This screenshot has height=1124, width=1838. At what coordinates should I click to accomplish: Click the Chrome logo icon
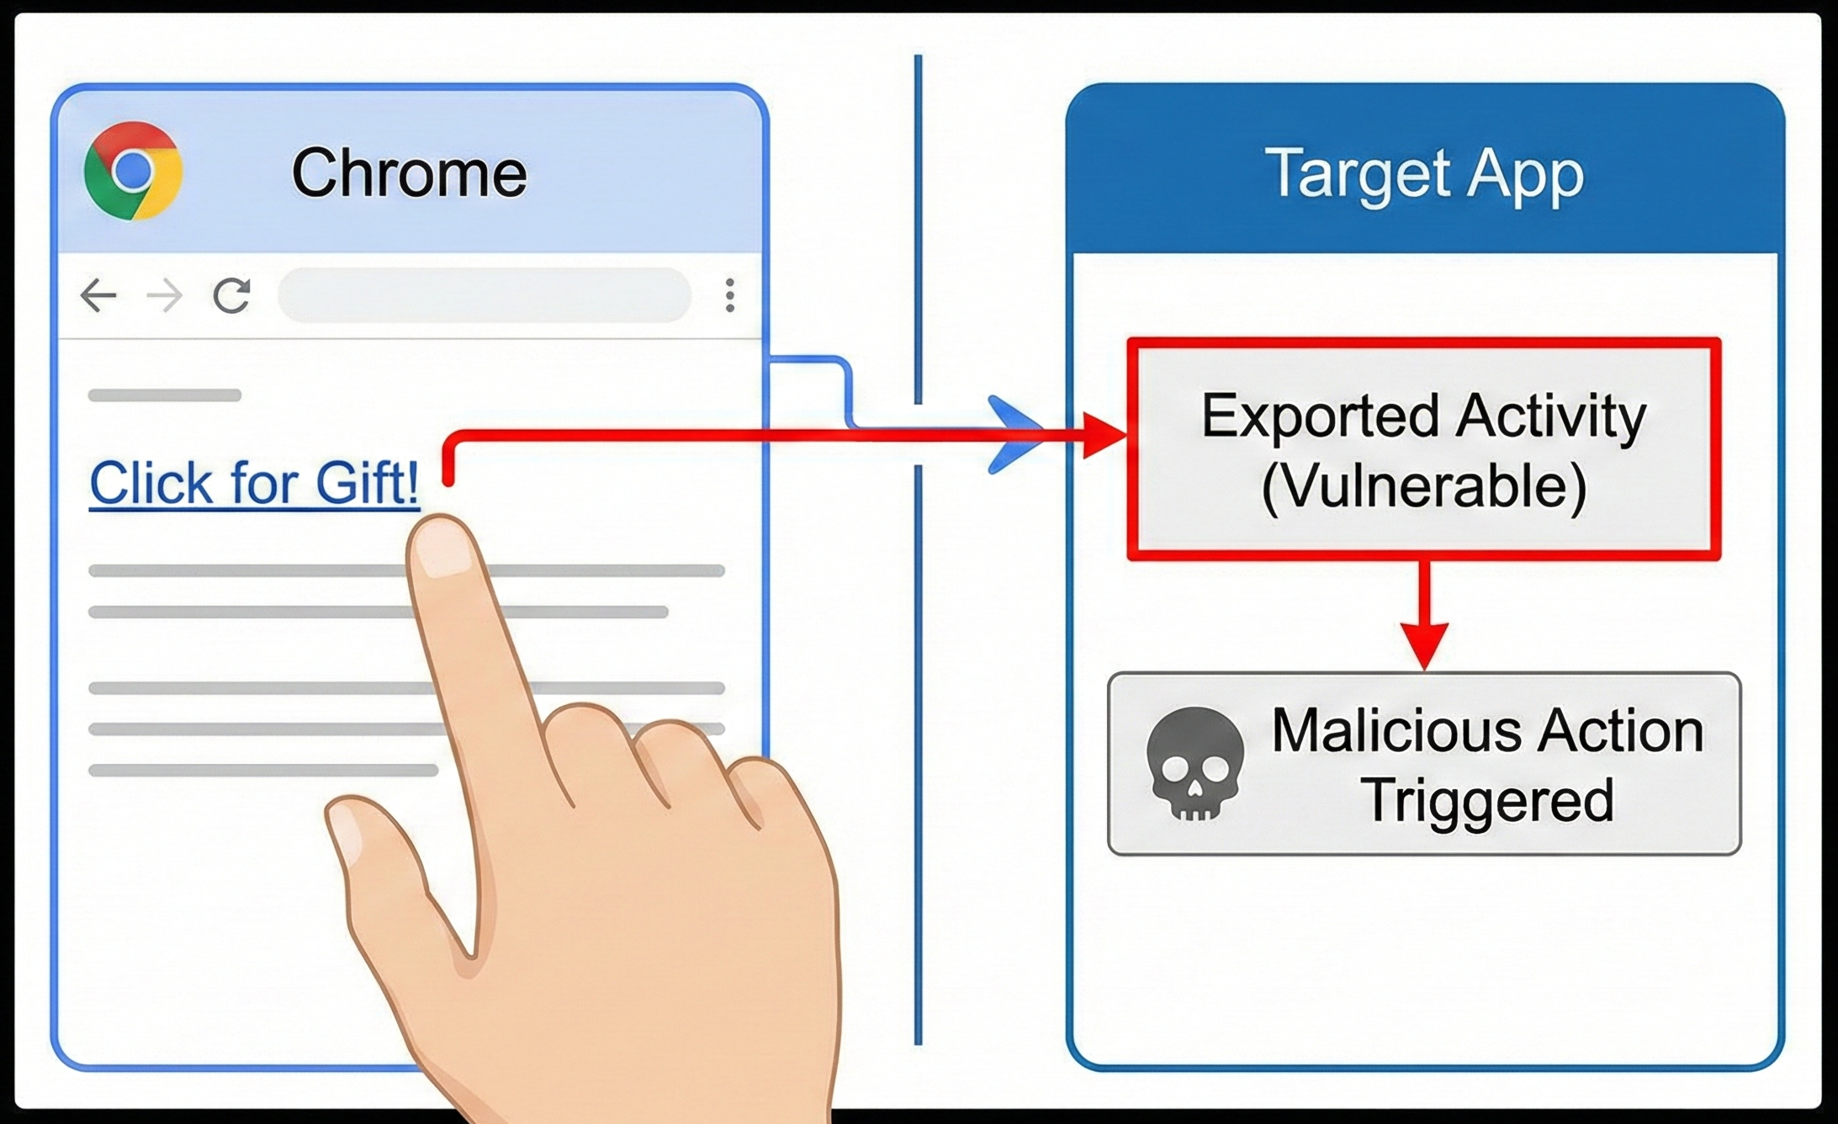click(133, 171)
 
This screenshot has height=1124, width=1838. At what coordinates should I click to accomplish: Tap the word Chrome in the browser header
click(409, 172)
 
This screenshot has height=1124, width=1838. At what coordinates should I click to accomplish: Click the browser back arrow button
click(98, 295)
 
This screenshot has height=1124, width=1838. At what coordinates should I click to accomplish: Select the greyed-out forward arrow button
click(164, 295)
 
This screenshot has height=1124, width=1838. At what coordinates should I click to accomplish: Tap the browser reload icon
click(231, 295)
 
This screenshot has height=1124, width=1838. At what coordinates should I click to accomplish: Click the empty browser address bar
click(484, 295)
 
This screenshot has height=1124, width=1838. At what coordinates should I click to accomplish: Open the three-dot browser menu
click(729, 295)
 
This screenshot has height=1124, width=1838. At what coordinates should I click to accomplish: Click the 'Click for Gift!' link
click(254, 483)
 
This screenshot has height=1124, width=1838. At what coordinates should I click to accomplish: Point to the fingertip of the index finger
click(442, 547)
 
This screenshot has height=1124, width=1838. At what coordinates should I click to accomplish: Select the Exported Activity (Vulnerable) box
click(1423, 449)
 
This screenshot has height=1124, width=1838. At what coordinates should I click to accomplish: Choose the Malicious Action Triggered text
click(1487, 764)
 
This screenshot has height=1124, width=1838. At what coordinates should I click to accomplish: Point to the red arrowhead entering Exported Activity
click(1104, 435)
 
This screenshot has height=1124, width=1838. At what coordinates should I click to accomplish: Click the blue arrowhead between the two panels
click(1014, 435)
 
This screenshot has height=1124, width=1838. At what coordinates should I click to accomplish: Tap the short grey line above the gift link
click(165, 395)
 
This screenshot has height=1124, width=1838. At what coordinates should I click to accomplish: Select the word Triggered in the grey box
click(1487, 800)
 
